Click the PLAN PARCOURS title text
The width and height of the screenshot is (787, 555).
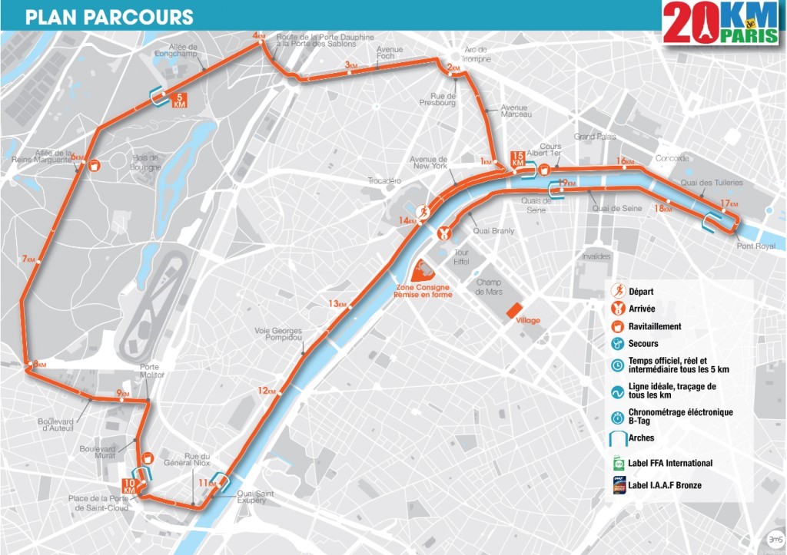109,17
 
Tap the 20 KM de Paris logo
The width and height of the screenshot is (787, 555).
720,21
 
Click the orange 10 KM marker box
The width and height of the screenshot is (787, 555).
129,486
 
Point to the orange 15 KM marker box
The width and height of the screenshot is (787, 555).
517,160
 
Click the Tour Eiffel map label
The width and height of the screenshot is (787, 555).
461,257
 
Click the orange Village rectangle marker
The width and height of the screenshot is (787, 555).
513,309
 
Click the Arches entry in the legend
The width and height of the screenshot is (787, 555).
642,439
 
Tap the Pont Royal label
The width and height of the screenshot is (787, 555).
755,246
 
